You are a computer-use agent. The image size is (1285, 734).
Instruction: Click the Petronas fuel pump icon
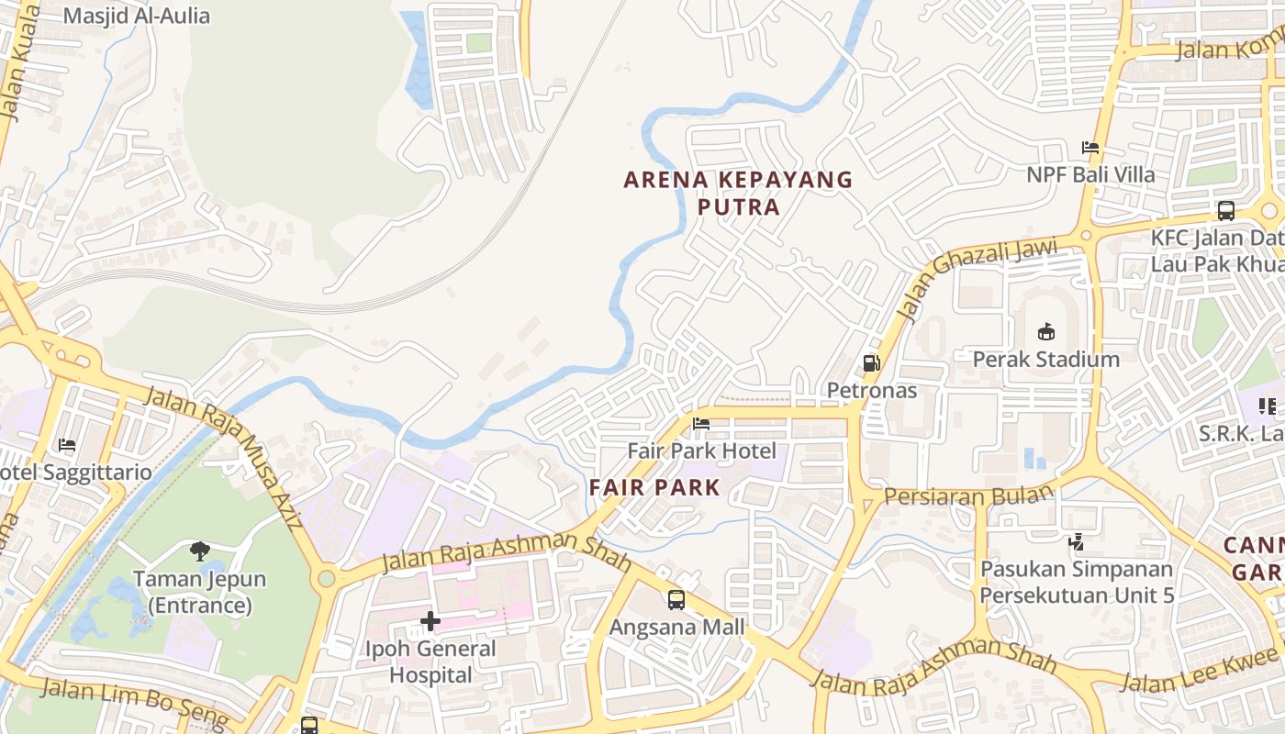[x=871, y=363]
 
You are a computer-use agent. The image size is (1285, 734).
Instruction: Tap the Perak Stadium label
[x=1045, y=359]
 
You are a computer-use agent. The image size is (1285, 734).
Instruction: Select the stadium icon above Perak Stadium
[x=1045, y=331]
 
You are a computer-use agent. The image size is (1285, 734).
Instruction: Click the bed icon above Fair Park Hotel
[x=701, y=423]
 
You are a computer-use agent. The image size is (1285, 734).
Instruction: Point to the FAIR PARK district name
[x=655, y=487]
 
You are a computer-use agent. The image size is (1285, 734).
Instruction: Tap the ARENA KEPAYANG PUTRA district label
[x=738, y=193]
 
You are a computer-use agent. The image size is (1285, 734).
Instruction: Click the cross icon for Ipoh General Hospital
[x=430, y=621]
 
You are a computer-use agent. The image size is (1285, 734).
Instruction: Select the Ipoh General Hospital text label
[x=430, y=662]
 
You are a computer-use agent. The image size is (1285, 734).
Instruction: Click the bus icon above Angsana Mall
[x=676, y=600]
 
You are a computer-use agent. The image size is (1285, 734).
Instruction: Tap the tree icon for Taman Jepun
[x=199, y=550]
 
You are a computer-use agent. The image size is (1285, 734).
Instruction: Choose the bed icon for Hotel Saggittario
[x=67, y=445]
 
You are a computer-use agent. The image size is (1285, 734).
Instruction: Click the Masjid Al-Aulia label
[x=137, y=16]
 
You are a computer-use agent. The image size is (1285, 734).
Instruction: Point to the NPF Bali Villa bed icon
[x=1089, y=147]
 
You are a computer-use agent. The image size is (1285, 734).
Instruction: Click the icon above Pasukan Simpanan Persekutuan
[x=1076, y=542]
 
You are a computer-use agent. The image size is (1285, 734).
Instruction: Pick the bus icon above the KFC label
[x=1225, y=211]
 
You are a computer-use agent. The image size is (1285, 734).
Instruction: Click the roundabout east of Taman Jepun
[x=326, y=579]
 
